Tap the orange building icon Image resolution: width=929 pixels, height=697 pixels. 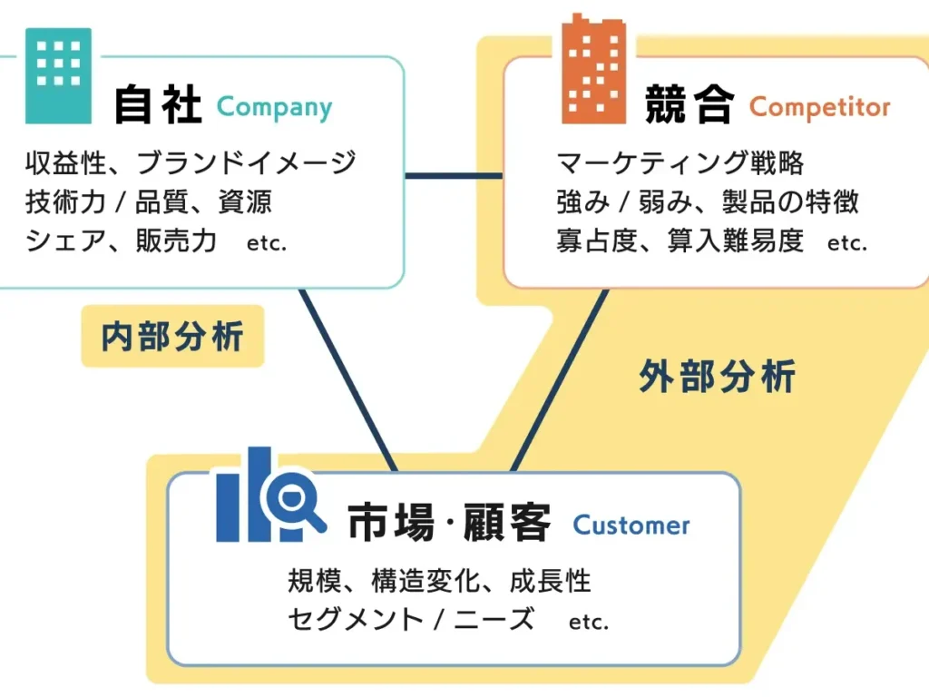[593, 70]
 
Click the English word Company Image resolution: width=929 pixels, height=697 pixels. [274, 108]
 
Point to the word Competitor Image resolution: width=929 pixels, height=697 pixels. [819, 108]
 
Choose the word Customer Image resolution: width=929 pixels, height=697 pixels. [631, 525]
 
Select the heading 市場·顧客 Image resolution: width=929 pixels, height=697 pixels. [449, 525]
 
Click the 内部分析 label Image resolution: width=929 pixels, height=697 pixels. [172, 336]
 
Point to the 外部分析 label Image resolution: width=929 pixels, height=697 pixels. [717, 376]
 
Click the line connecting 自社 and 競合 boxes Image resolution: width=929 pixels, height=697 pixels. [453, 175]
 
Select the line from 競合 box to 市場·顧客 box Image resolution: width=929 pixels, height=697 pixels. [559, 379]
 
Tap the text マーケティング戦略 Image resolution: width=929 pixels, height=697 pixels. [680, 162]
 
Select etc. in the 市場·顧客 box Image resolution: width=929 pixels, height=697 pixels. [589, 623]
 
